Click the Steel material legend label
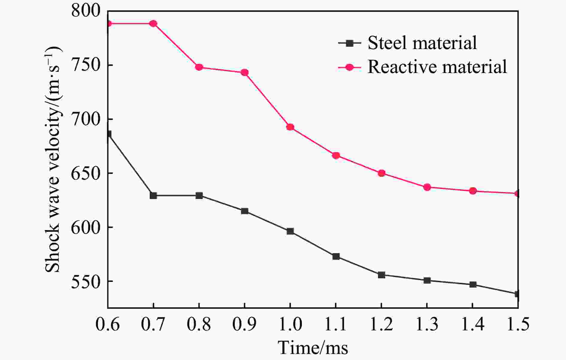click(422, 43)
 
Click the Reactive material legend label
click(437, 67)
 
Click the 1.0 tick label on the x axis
click(290, 324)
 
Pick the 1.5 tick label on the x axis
click(517, 324)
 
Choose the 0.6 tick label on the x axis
click(108, 324)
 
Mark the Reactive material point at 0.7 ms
click(153, 24)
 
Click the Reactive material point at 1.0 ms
click(290, 127)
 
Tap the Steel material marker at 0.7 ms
click(153, 196)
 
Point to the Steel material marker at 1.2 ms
click(382, 275)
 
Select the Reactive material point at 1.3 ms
click(427, 187)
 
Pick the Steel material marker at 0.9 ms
click(245, 211)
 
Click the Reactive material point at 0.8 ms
click(199, 67)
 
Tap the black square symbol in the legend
click(349, 43)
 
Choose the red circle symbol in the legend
click(349, 67)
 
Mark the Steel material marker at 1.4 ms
click(473, 285)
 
